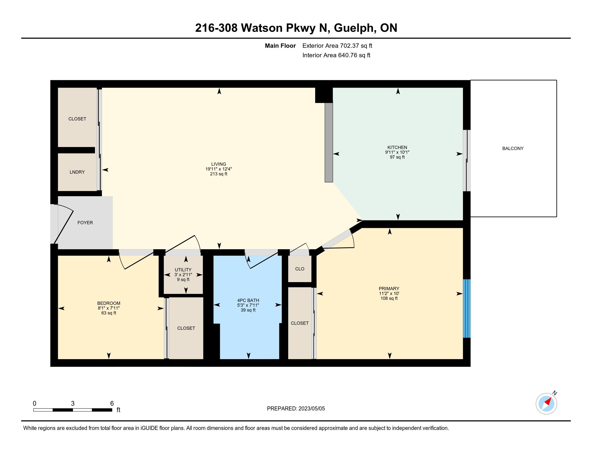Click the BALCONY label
click(x=513, y=148)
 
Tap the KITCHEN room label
click(x=397, y=147)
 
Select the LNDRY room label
click(x=77, y=172)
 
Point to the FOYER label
click(x=85, y=223)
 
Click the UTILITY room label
click(x=183, y=270)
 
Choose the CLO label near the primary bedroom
click(x=300, y=269)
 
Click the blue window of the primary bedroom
click(x=467, y=308)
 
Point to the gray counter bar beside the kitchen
click(x=329, y=143)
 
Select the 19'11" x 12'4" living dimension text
click(x=219, y=169)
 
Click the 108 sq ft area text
click(x=389, y=299)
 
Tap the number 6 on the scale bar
click(x=112, y=404)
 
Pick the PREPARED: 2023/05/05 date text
click(x=296, y=409)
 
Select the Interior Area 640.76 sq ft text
click(x=336, y=55)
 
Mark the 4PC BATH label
click(x=248, y=300)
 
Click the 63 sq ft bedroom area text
click(x=109, y=313)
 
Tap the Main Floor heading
click(x=280, y=46)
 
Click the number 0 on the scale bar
click(x=34, y=404)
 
